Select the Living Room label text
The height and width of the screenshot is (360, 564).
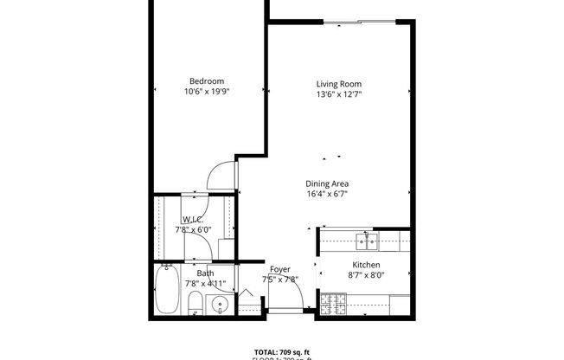point(337,84)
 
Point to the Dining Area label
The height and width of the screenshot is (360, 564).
point(326,183)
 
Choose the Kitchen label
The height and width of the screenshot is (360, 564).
point(366,265)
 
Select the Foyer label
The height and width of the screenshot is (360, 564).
point(279,269)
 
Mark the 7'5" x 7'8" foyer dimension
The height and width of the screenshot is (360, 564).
point(279,279)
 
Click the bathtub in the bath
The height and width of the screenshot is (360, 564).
point(166,290)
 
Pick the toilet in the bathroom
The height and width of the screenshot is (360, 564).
point(195,302)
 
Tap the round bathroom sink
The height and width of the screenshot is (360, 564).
point(220,304)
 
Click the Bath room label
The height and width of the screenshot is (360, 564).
point(205,273)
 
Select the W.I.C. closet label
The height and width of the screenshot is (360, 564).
point(193,219)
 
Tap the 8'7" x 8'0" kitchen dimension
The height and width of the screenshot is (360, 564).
point(366,275)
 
